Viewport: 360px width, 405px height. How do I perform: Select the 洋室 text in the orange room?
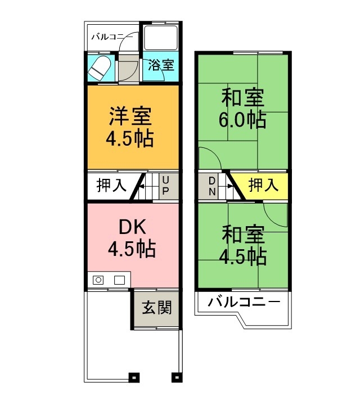(x=130, y=117)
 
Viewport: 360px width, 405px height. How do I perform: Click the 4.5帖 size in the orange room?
(x=130, y=138)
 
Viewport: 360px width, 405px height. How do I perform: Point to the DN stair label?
(x=212, y=185)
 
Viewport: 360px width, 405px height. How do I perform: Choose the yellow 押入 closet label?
(x=263, y=185)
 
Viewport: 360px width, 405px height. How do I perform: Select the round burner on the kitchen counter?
(x=98, y=280)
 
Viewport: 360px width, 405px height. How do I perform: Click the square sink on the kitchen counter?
(x=119, y=280)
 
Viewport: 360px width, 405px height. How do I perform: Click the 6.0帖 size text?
(x=242, y=120)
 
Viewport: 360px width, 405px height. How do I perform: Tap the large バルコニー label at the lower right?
(x=244, y=302)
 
